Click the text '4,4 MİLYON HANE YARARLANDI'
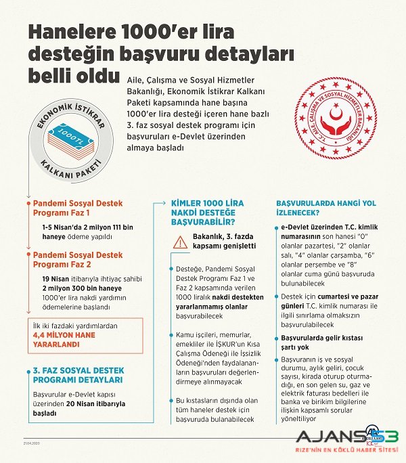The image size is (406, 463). point(64,339)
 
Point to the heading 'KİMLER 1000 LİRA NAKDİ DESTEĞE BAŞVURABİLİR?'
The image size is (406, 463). point(208,211)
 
